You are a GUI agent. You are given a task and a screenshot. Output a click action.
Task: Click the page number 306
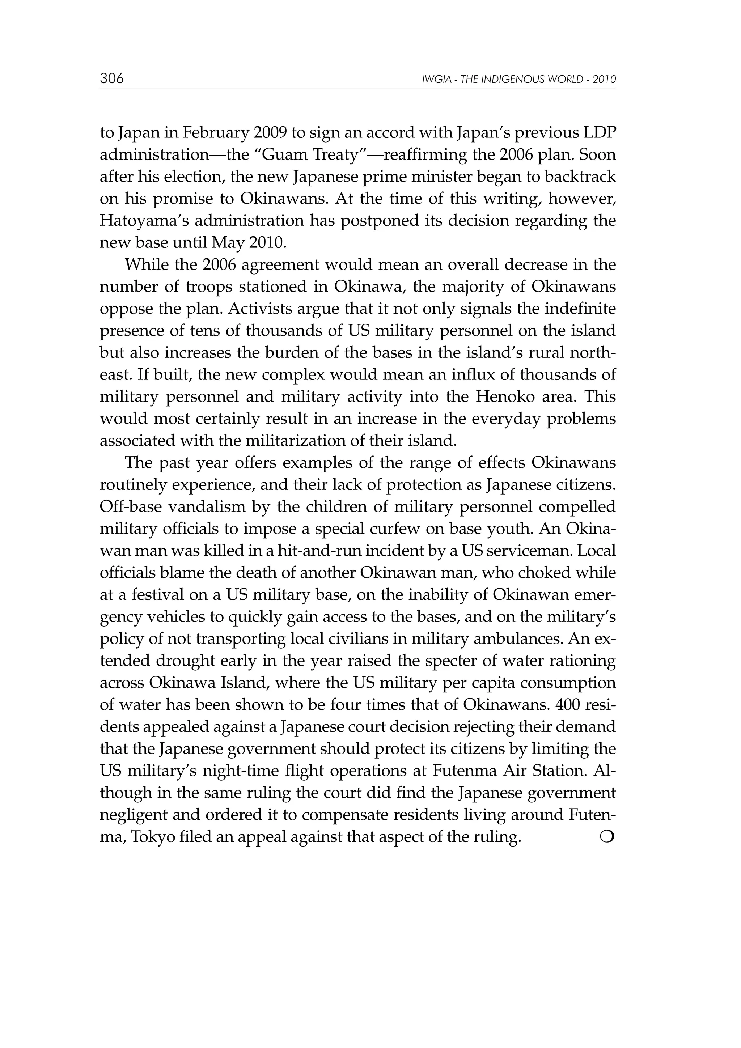point(112,79)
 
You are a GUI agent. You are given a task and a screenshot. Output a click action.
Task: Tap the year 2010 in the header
point(605,80)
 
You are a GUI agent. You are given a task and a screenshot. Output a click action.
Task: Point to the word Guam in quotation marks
point(285,155)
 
